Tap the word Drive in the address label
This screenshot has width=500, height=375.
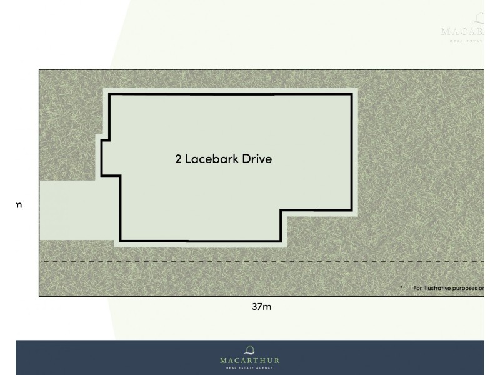pos(258,159)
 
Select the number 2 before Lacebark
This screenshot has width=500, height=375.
pos(179,159)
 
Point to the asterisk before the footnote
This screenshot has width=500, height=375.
pos(401,288)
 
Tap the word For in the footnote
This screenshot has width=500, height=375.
pos(418,288)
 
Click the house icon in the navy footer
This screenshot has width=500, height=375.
pos(249,349)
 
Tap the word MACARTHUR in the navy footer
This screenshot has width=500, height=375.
pos(249,361)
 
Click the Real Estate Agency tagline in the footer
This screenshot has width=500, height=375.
pos(249,368)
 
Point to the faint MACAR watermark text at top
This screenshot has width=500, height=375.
pos(462,31)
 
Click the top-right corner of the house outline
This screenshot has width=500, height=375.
pos(351,94)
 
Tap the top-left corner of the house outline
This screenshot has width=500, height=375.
pos(110,94)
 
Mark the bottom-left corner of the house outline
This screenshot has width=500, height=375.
pos(120,241)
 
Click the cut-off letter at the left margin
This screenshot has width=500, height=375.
pos(19,205)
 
